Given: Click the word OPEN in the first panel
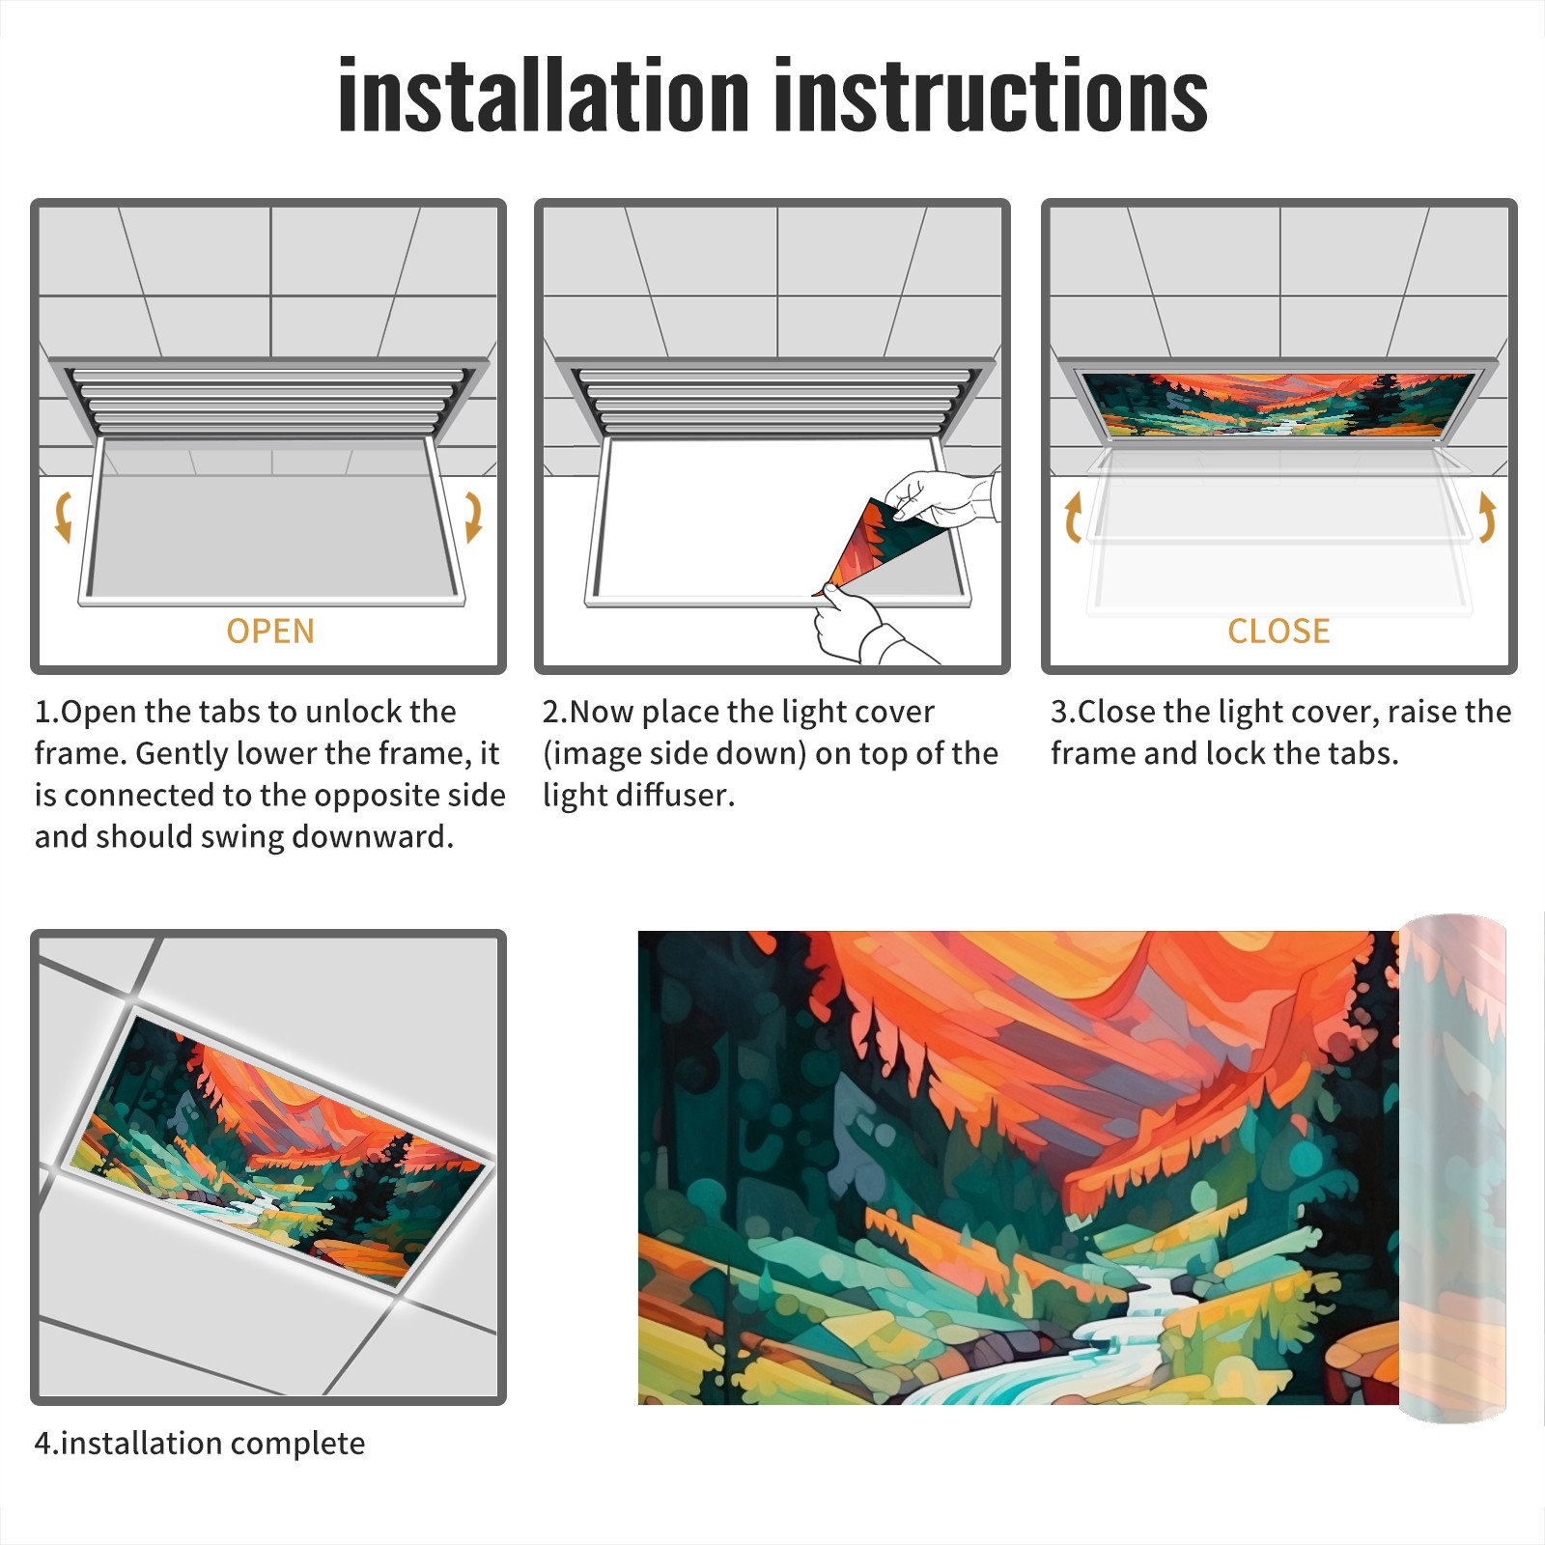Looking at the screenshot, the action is (270, 631).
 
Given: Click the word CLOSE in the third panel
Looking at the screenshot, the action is (1278, 631).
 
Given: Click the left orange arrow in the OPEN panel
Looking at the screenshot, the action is (63, 517).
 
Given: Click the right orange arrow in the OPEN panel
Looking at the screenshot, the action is (473, 517).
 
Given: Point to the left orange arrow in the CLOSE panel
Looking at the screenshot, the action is (1072, 517).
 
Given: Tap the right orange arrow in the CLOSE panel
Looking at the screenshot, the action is (1487, 517).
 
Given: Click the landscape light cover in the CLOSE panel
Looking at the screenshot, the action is (1278, 404).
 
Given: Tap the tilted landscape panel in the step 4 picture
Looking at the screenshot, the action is (275, 1149).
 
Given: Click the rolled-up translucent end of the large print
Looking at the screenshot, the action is (1452, 1168).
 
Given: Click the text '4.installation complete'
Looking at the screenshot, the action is (200, 1444).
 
